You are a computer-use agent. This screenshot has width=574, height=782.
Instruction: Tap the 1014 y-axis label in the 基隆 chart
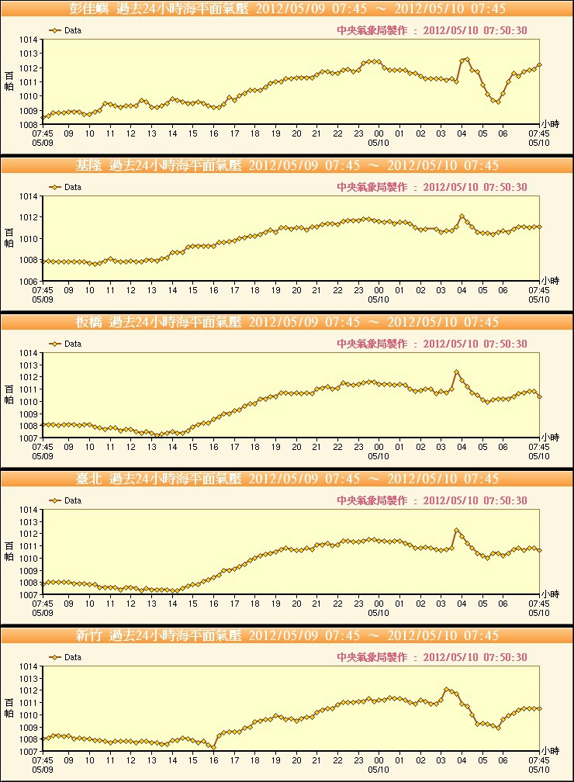pos(28,196)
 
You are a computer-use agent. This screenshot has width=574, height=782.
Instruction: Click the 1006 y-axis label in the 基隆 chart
pos(28,281)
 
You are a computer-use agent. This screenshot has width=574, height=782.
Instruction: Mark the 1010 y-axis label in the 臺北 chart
pos(28,559)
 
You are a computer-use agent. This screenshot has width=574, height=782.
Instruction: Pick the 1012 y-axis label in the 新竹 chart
pos(28,690)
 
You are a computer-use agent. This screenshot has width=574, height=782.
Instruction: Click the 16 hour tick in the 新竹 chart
pos(214,761)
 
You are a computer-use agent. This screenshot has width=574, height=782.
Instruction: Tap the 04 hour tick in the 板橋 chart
pos(462,448)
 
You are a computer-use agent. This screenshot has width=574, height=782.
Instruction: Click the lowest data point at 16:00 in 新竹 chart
pos(214,748)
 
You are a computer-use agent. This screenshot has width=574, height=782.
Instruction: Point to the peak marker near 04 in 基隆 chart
pos(462,216)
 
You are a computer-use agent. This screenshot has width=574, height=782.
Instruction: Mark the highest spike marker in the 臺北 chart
pos(457,531)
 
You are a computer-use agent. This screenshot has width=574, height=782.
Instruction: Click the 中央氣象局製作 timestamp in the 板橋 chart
pos(432,344)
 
